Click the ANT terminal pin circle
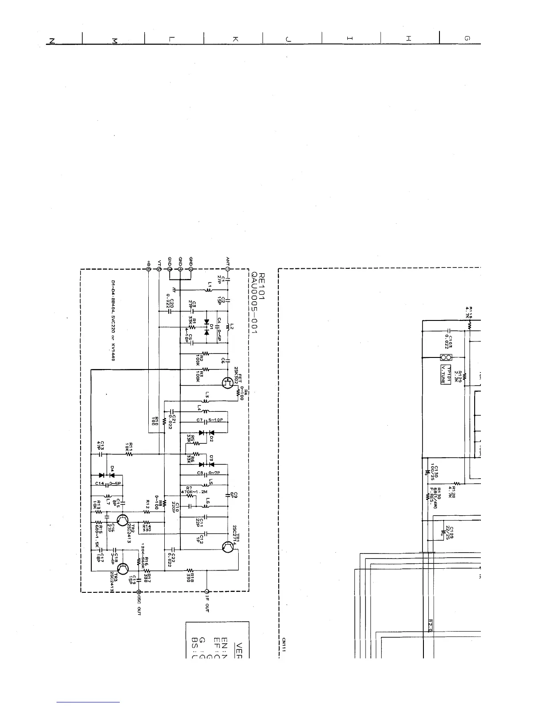coord(228,269)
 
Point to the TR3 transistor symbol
coord(123,569)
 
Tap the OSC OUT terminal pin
coord(139,591)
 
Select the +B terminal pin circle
coord(148,269)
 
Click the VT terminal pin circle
coord(159,269)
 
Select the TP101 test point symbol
coord(446,357)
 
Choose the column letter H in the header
coord(408,39)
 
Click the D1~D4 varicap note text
coord(113,320)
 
